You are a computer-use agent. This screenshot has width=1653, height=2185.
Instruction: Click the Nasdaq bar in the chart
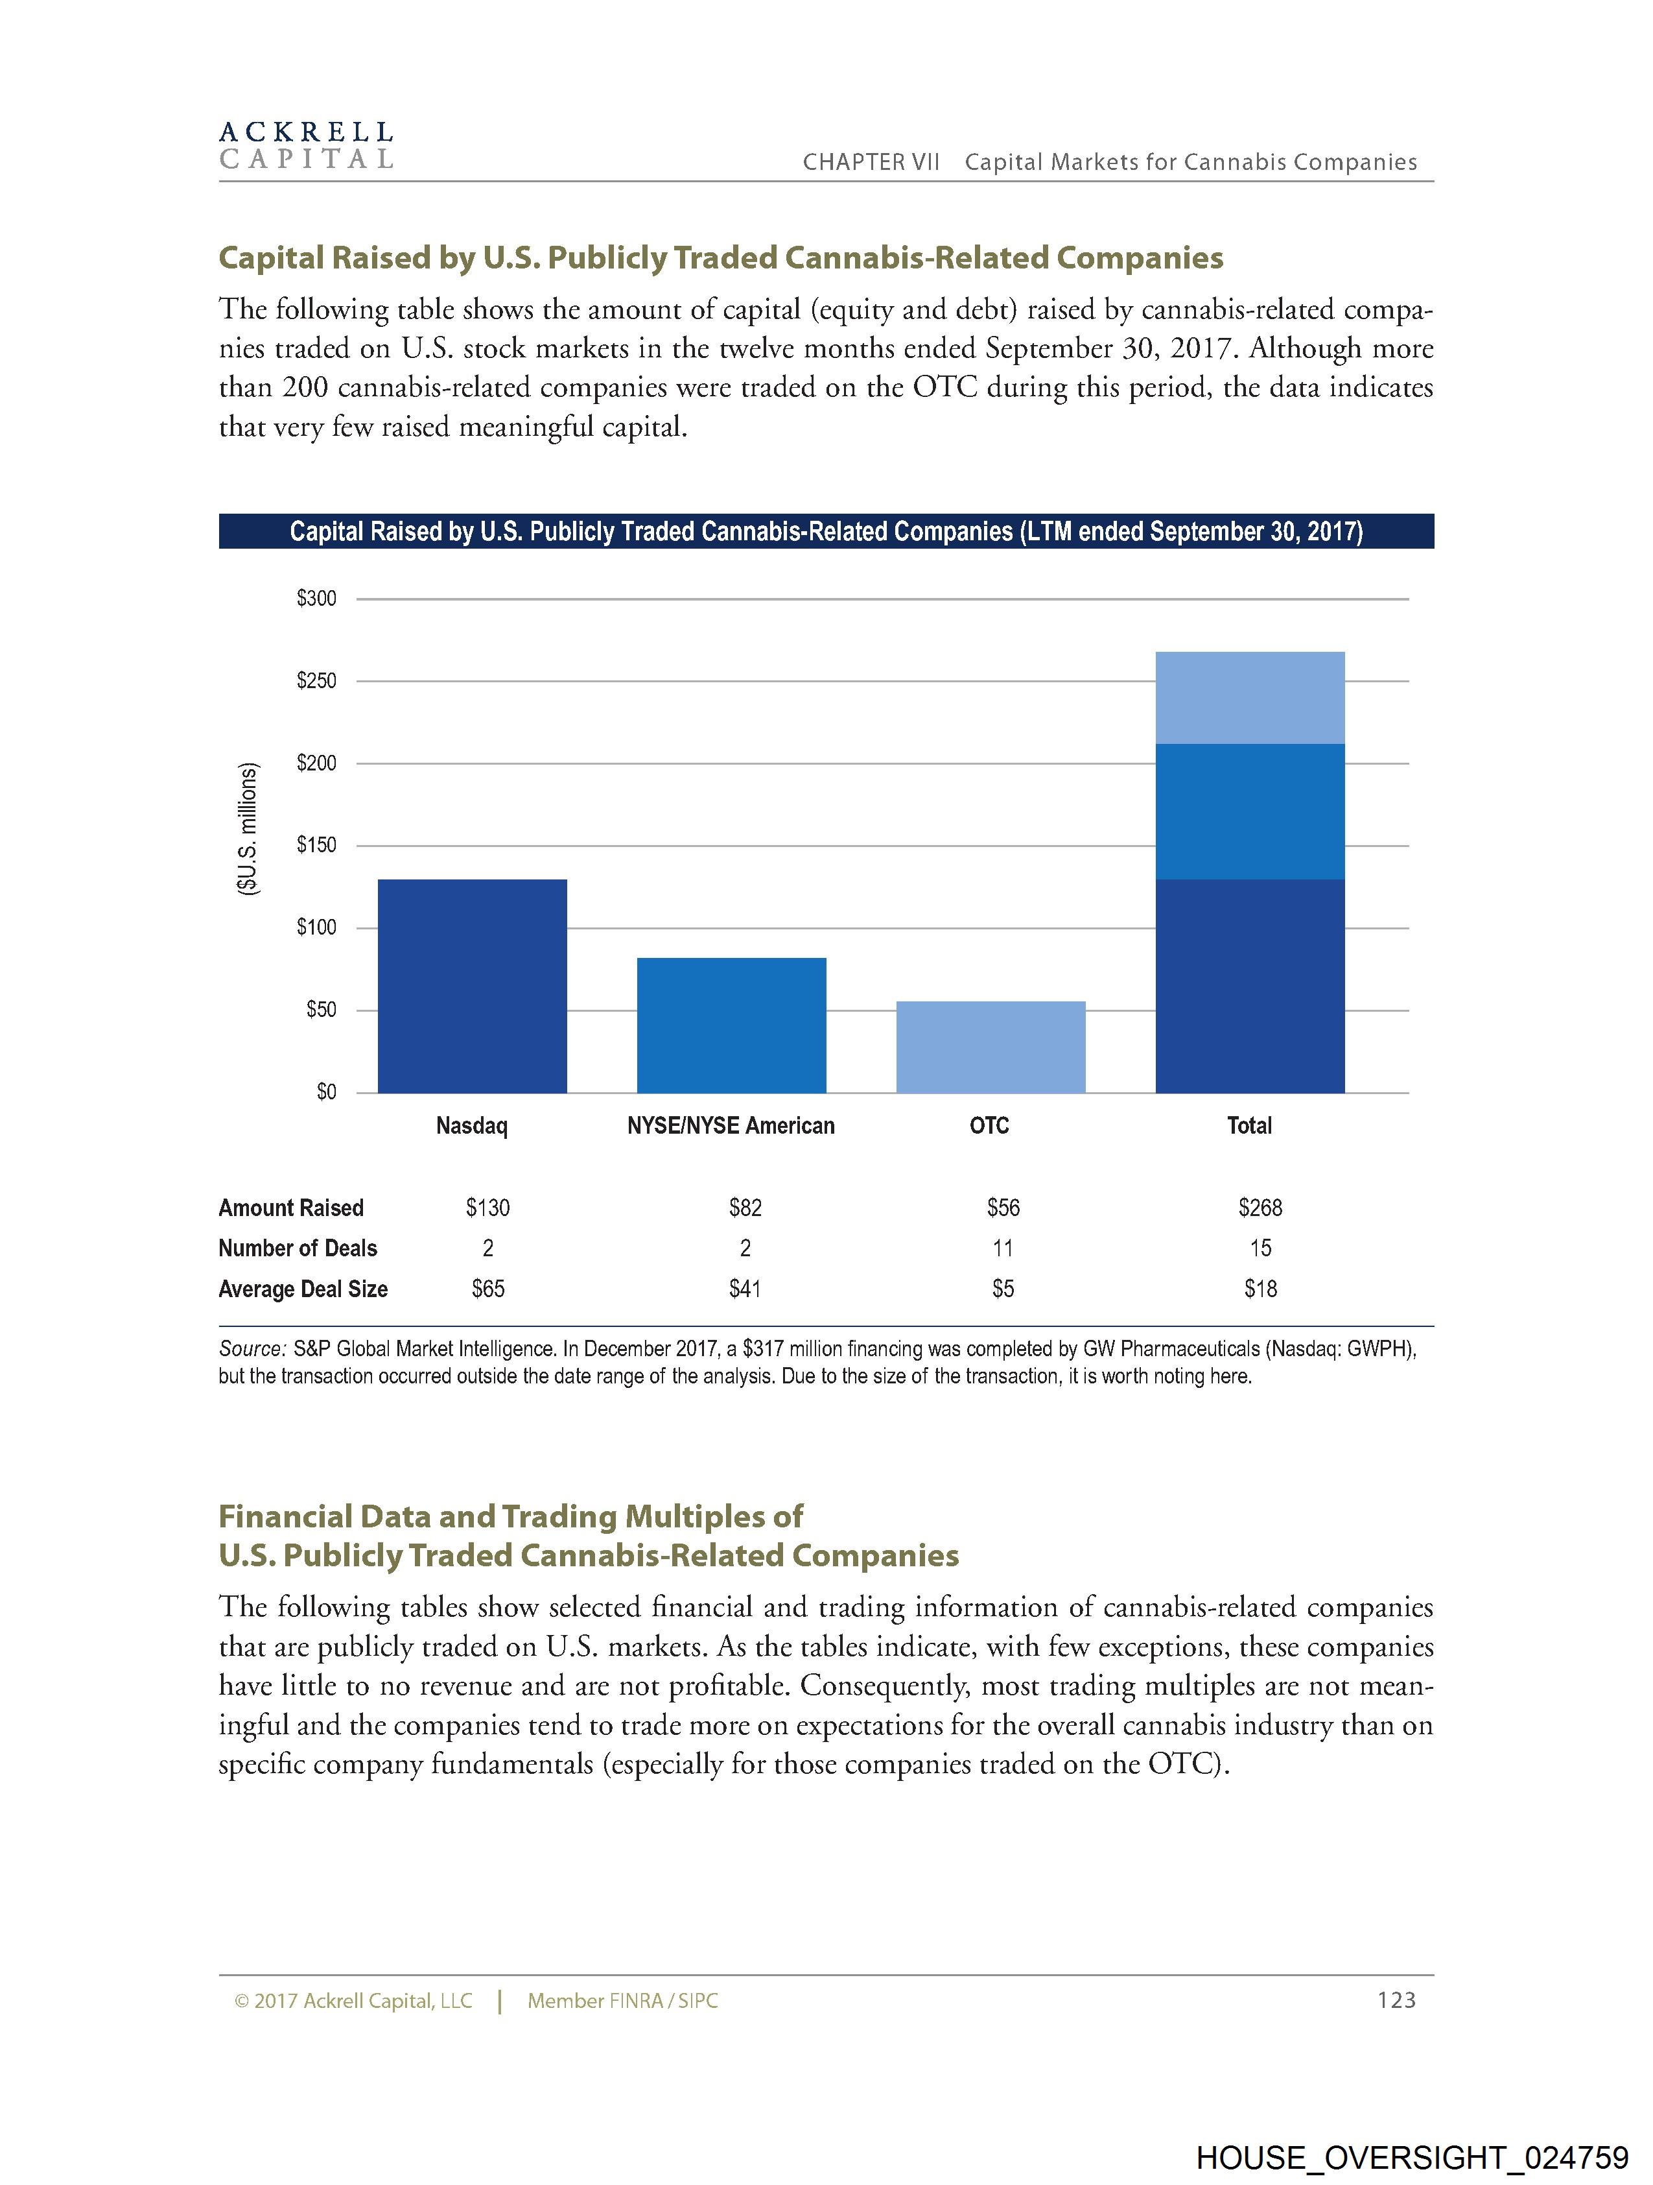click(472, 986)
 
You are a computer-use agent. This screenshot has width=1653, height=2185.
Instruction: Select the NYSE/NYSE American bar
click(731, 1025)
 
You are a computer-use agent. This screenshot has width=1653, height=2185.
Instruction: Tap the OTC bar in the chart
click(991, 1047)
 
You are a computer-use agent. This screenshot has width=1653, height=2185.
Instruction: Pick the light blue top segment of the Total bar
click(1249, 697)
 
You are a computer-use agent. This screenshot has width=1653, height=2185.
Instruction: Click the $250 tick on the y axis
click(316, 680)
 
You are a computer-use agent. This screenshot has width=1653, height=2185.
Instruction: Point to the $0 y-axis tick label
click(326, 1092)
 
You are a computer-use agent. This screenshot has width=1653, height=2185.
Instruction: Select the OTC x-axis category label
click(989, 1126)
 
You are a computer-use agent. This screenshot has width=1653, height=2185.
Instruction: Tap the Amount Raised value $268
click(1260, 1207)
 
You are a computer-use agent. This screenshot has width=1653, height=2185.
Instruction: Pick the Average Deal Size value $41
click(745, 1288)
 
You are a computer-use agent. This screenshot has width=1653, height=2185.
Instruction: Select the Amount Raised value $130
click(488, 1207)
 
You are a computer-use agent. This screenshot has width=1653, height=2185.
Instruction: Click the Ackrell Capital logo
click(306, 145)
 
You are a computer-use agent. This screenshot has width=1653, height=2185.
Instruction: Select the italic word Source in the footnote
click(251, 1348)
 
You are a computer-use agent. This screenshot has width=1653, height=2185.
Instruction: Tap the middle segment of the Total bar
click(1249, 811)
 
